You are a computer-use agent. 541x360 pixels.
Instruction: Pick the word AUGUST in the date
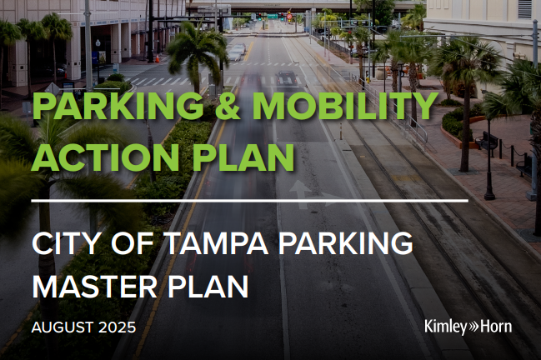pos(63,327)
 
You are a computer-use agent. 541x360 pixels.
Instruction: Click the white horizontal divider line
pos(250,201)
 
